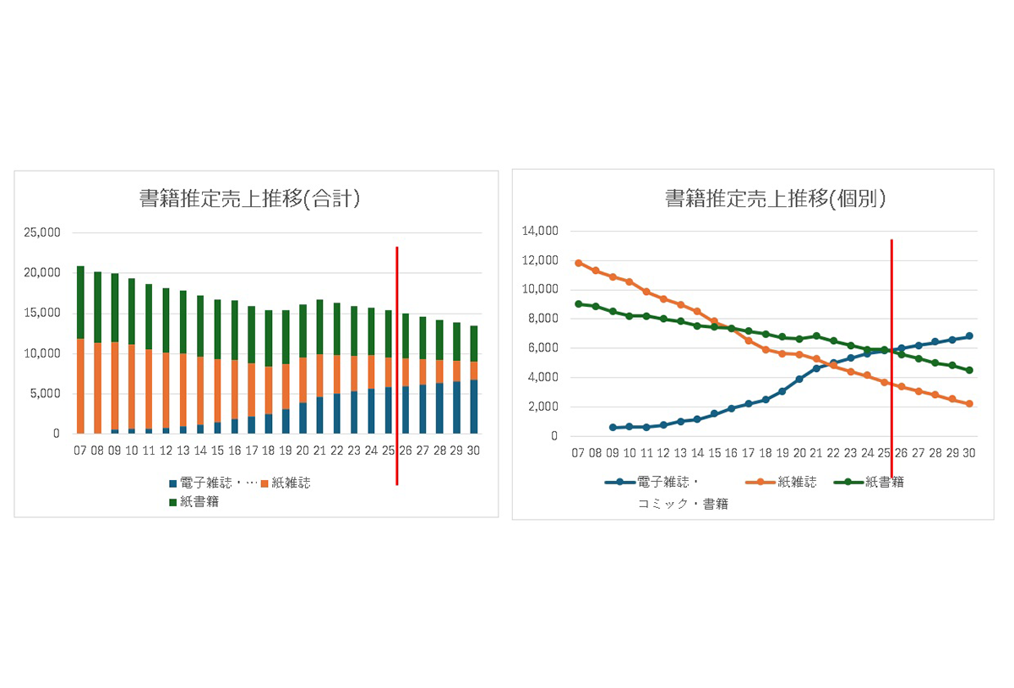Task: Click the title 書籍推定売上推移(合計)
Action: [249, 199]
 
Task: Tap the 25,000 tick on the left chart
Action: [41, 232]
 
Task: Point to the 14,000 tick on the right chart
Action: [541, 231]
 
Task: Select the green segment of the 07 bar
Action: [80, 302]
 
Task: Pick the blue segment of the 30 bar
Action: [473, 407]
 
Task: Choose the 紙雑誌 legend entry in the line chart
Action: [782, 483]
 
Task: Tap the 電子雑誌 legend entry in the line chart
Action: [668, 483]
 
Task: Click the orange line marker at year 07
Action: [579, 263]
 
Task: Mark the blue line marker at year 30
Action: [969, 336]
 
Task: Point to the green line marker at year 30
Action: [969, 370]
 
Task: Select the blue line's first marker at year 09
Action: [613, 428]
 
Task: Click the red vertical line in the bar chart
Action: [396, 363]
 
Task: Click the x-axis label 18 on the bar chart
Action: [268, 451]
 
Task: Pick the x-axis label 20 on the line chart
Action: [799, 453]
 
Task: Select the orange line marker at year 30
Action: [969, 404]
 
